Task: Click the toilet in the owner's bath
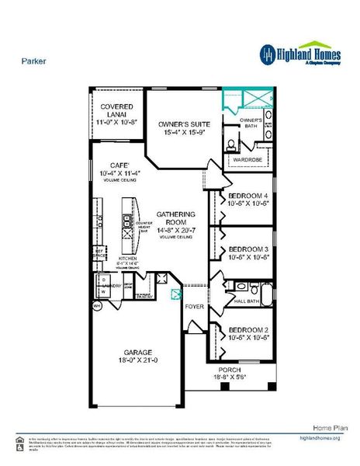click(x=232, y=144)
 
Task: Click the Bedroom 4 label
click(x=248, y=196)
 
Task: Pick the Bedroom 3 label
click(x=248, y=251)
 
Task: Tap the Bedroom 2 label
click(x=248, y=329)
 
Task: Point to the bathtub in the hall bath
click(x=266, y=296)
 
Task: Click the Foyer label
click(x=194, y=307)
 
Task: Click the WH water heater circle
click(x=97, y=307)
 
